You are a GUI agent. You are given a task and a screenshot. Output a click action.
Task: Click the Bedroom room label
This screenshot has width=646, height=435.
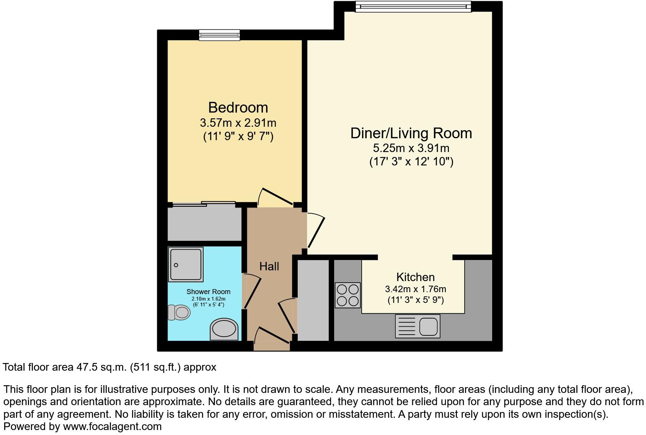pyautogui.click(x=238, y=107)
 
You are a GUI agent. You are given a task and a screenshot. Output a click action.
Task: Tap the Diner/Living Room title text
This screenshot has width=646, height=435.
pyautogui.click(x=411, y=133)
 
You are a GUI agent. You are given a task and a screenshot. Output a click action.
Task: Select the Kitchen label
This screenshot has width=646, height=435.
pyautogui.click(x=415, y=277)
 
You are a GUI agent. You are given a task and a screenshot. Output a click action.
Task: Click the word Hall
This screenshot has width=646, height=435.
pyautogui.click(x=269, y=267)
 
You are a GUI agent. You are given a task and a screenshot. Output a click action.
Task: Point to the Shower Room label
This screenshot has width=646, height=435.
pyautogui.click(x=208, y=292)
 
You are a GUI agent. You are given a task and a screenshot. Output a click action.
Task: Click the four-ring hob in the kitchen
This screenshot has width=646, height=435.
pyautogui.click(x=347, y=295)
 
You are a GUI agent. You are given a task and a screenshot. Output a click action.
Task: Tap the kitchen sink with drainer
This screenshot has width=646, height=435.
pyautogui.click(x=418, y=326)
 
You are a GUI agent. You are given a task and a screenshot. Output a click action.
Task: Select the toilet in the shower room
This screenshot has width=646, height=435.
pyautogui.click(x=179, y=312)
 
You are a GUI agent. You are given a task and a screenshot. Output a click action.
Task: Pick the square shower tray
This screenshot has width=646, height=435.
pyautogui.click(x=186, y=265)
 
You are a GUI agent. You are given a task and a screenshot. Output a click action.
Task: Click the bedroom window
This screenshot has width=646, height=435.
pyautogui.click(x=219, y=35)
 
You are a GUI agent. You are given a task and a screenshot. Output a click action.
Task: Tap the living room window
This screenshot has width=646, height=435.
pyautogui.click(x=413, y=7)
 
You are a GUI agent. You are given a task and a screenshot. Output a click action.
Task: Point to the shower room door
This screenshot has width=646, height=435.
pyautogui.click(x=251, y=291)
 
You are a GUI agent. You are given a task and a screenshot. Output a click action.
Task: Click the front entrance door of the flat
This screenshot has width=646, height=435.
pyautogui.click(x=271, y=337)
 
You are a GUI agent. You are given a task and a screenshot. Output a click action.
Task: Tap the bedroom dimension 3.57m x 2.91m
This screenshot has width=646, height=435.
pyautogui.click(x=238, y=123)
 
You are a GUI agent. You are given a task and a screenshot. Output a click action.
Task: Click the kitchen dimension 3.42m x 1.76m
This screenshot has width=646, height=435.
pyautogui.click(x=415, y=289)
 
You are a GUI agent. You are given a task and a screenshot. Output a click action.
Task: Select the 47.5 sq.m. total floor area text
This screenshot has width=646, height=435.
pyautogui.click(x=101, y=367)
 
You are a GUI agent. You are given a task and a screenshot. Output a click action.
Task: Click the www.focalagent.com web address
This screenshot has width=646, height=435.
pyautogui.click(x=112, y=426)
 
